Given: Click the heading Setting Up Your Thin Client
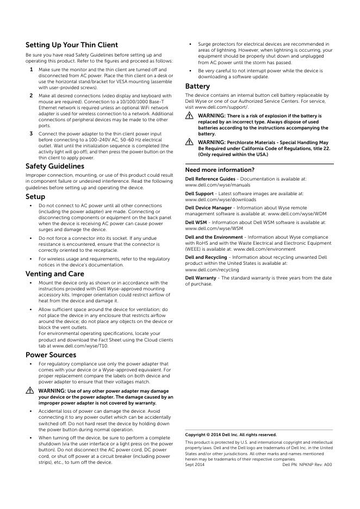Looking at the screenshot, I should [72, 45].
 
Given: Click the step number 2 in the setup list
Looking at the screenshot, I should [31, 95].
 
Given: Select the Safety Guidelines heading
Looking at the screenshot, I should [55, 166].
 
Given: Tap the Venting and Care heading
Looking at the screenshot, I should [55, 274].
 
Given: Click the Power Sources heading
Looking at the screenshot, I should [51, 355].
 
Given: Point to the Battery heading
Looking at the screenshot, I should [197, 86].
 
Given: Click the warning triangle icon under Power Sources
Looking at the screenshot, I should [29, 391].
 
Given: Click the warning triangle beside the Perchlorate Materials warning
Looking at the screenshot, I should [189, 142].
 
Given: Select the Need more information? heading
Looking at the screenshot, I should [220, 170].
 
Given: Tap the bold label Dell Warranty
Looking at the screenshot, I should [201, 278].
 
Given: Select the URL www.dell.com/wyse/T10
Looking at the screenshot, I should [88, 345].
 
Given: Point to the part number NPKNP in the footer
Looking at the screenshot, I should [306, 465].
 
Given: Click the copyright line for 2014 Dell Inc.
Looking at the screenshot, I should [231, 434].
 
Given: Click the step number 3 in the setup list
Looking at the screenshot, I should [31, 133].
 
